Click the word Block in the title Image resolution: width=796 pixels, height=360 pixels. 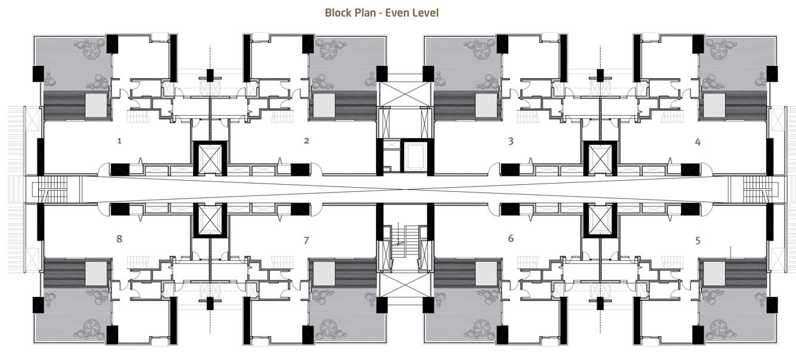338,13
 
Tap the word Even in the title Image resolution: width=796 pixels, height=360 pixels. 397,13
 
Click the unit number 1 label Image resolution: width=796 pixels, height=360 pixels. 119,141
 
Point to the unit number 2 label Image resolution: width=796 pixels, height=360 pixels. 306,141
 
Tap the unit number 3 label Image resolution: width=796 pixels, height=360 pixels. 511,141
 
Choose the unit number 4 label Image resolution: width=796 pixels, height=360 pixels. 698,142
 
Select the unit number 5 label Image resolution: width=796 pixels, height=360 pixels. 698,241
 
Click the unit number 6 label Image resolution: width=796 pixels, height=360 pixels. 511,238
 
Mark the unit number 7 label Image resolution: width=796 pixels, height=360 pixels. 306,241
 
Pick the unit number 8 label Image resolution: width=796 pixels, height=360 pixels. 119,238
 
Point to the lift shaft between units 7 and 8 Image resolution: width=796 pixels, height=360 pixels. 210,221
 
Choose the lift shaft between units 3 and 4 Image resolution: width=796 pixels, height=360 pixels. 600,159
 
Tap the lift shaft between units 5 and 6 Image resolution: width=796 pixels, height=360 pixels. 600,221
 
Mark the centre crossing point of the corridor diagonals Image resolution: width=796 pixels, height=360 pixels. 405,190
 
